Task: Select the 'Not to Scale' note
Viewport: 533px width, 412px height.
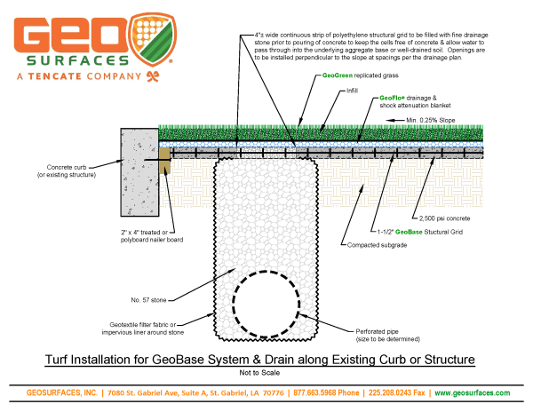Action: tap(266, 374)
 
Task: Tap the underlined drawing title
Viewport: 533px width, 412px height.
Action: tap(266, 360)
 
